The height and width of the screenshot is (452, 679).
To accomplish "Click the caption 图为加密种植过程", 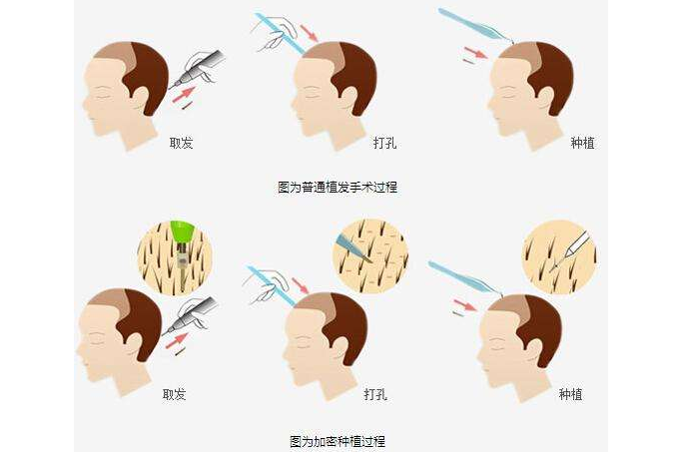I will pos(337,440).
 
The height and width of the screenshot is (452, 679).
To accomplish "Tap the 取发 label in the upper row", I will pos(181,143).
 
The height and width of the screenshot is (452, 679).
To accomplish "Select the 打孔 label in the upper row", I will pos(384,143).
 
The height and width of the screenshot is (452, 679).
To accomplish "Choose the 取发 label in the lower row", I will pos(174,394).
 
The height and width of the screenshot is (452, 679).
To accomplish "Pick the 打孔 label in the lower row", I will pos(374,394).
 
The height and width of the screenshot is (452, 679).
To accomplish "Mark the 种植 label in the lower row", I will pos(570,394).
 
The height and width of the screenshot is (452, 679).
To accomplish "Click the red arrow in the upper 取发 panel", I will pos(183,95).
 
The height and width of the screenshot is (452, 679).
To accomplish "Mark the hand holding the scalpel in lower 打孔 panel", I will pos(258,284).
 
